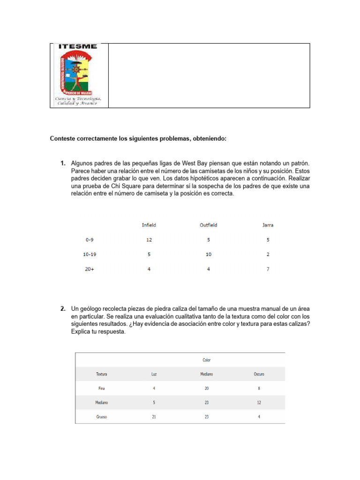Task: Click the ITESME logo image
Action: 79,75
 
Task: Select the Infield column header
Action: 149,225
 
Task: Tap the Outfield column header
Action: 209,225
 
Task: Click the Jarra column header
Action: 268,225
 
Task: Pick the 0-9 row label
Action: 90,240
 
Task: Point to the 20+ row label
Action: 89,269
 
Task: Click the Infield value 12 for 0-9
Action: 149,240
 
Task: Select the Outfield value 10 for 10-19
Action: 209,255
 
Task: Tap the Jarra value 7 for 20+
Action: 268,269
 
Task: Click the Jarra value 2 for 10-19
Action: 268,255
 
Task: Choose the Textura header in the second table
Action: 102,374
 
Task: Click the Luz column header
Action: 154,374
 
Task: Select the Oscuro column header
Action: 259,374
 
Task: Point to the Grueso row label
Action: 102,417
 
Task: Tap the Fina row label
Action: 102,388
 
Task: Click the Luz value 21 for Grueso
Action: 154,417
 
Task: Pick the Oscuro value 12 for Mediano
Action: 259,402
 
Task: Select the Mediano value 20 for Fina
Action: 207,388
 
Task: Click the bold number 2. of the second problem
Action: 62,309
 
